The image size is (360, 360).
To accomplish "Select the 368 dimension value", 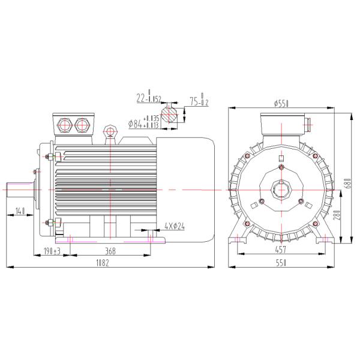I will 110,250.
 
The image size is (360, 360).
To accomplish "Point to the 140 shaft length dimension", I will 20,211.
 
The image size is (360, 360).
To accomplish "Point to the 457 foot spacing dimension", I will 281,250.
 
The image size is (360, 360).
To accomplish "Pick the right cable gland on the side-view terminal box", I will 82,125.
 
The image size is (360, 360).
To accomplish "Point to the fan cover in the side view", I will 187,189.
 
